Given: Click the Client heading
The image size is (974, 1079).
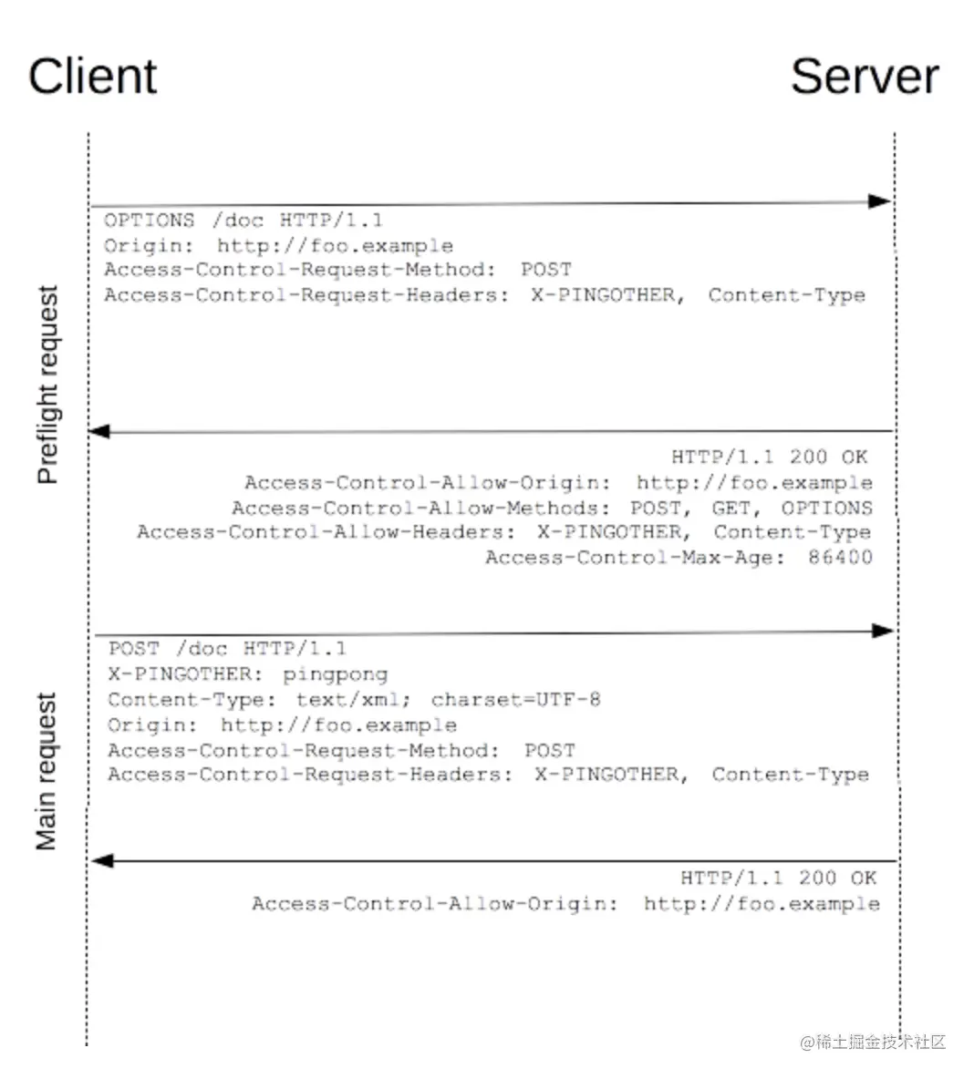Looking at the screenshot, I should (92, 77).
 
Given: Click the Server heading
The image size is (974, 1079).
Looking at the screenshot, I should (864, 77).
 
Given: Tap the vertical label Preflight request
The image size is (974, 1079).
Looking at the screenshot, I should (47, 385).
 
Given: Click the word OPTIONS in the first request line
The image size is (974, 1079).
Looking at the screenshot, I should (149, 221).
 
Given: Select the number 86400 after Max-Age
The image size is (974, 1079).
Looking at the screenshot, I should (840, 557).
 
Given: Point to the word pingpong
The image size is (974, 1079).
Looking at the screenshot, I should (335, 674).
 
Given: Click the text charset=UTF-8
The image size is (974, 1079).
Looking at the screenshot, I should (515, 700).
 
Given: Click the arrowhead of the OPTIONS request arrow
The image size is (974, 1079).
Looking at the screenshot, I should (880, 201).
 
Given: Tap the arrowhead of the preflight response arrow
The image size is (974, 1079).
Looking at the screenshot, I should (98, 431).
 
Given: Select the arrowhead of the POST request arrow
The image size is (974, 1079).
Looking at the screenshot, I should (883, 631).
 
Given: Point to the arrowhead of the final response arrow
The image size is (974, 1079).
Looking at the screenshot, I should (102, 860).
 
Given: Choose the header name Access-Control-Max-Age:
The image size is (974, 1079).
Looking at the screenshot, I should (635, 557).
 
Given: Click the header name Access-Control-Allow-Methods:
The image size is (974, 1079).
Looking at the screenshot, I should (420, 508).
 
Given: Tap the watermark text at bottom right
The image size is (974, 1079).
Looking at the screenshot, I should (873, 1042).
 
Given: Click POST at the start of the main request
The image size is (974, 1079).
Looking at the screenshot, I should (133, 649).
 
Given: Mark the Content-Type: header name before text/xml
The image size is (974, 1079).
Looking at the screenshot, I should (192, 700).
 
